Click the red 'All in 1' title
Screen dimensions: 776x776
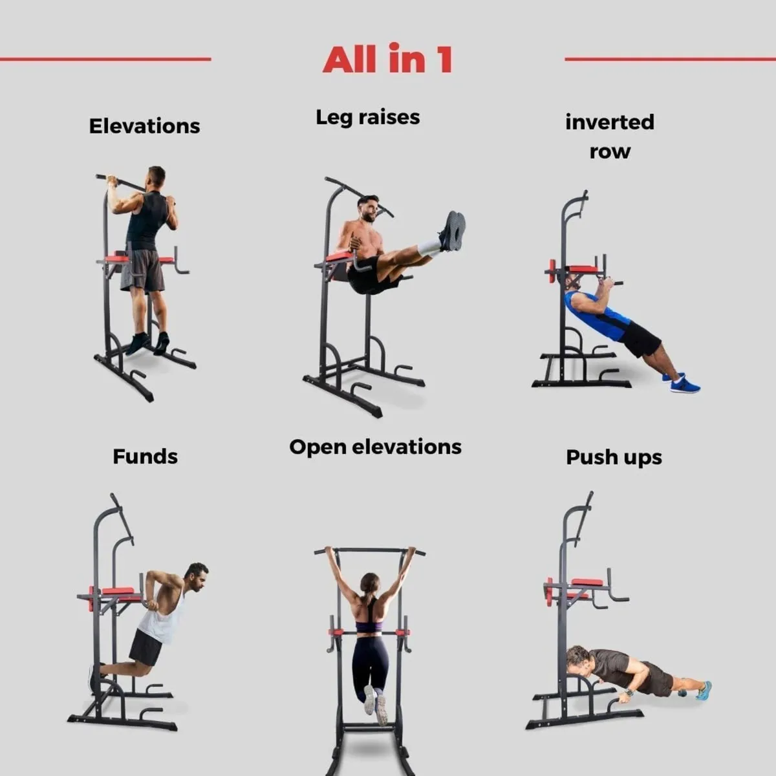387,59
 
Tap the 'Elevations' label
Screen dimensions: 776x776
144,126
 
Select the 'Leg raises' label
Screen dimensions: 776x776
367,117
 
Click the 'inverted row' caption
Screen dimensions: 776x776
609,136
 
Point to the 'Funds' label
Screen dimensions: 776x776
145,457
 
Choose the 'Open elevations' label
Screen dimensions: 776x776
375,447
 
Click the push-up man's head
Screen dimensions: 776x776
577,660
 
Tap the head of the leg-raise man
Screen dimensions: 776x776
368,208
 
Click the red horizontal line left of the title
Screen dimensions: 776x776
105,59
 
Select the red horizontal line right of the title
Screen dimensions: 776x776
670,59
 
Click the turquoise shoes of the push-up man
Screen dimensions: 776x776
703,690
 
